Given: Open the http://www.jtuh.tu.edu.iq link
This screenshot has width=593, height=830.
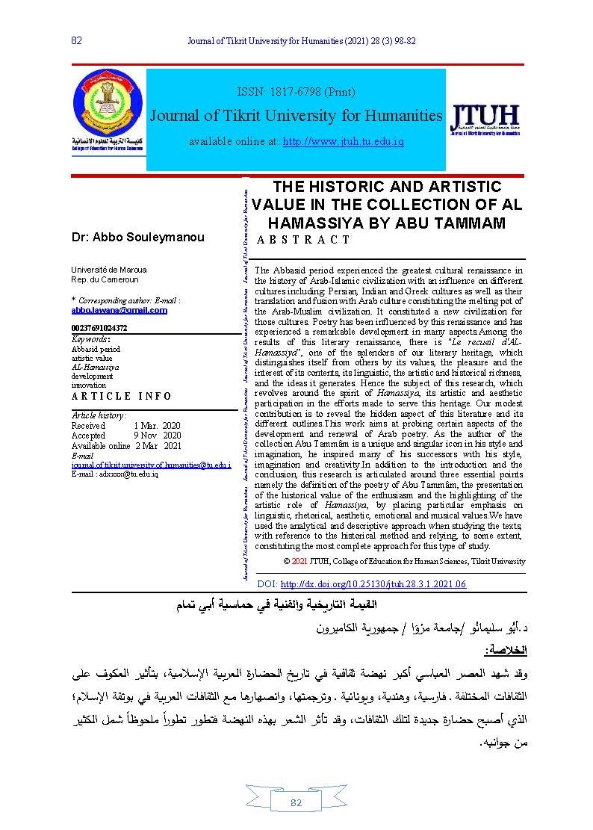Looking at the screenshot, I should [x=343, y=141].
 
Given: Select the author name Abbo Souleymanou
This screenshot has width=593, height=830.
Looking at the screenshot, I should [x=137, y=237].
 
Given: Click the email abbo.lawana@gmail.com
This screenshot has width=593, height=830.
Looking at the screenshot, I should [x=119, y=310].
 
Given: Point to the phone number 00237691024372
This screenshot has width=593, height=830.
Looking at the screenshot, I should [x=99, y=328].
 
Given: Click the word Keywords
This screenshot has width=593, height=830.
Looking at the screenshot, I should [x=90, y=339].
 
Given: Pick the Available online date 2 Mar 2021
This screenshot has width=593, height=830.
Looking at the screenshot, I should [x=158, y=445].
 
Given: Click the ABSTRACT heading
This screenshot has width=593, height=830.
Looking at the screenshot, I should [x=303, y=240].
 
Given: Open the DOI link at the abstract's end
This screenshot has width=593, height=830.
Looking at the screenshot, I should [x=372, y=584].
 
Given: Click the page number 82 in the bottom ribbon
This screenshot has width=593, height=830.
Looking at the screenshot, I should [x=296, y=802].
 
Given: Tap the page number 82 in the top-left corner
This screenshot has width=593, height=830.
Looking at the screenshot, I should [x=76, y=40].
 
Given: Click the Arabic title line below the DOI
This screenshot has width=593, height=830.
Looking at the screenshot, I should [x=296, y=604].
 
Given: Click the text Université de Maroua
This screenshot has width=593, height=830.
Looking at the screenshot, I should [x=108, y=269].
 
